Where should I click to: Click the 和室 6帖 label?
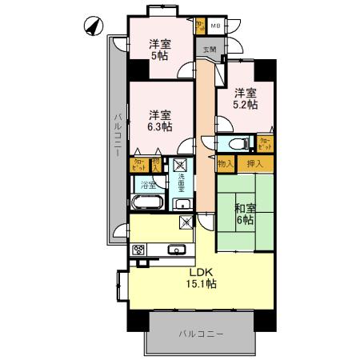click(245, 214)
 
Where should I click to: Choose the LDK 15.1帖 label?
click(201, 278)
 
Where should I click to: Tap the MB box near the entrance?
click(215, 26)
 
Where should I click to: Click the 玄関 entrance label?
click(209, 50)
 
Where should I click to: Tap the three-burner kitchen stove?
click(139, 250)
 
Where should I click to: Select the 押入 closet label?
click(255, 163)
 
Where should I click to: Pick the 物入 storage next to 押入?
click(226, 163)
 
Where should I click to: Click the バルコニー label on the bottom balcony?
click(200, 332)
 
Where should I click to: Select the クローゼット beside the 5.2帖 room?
click(264, 144)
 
